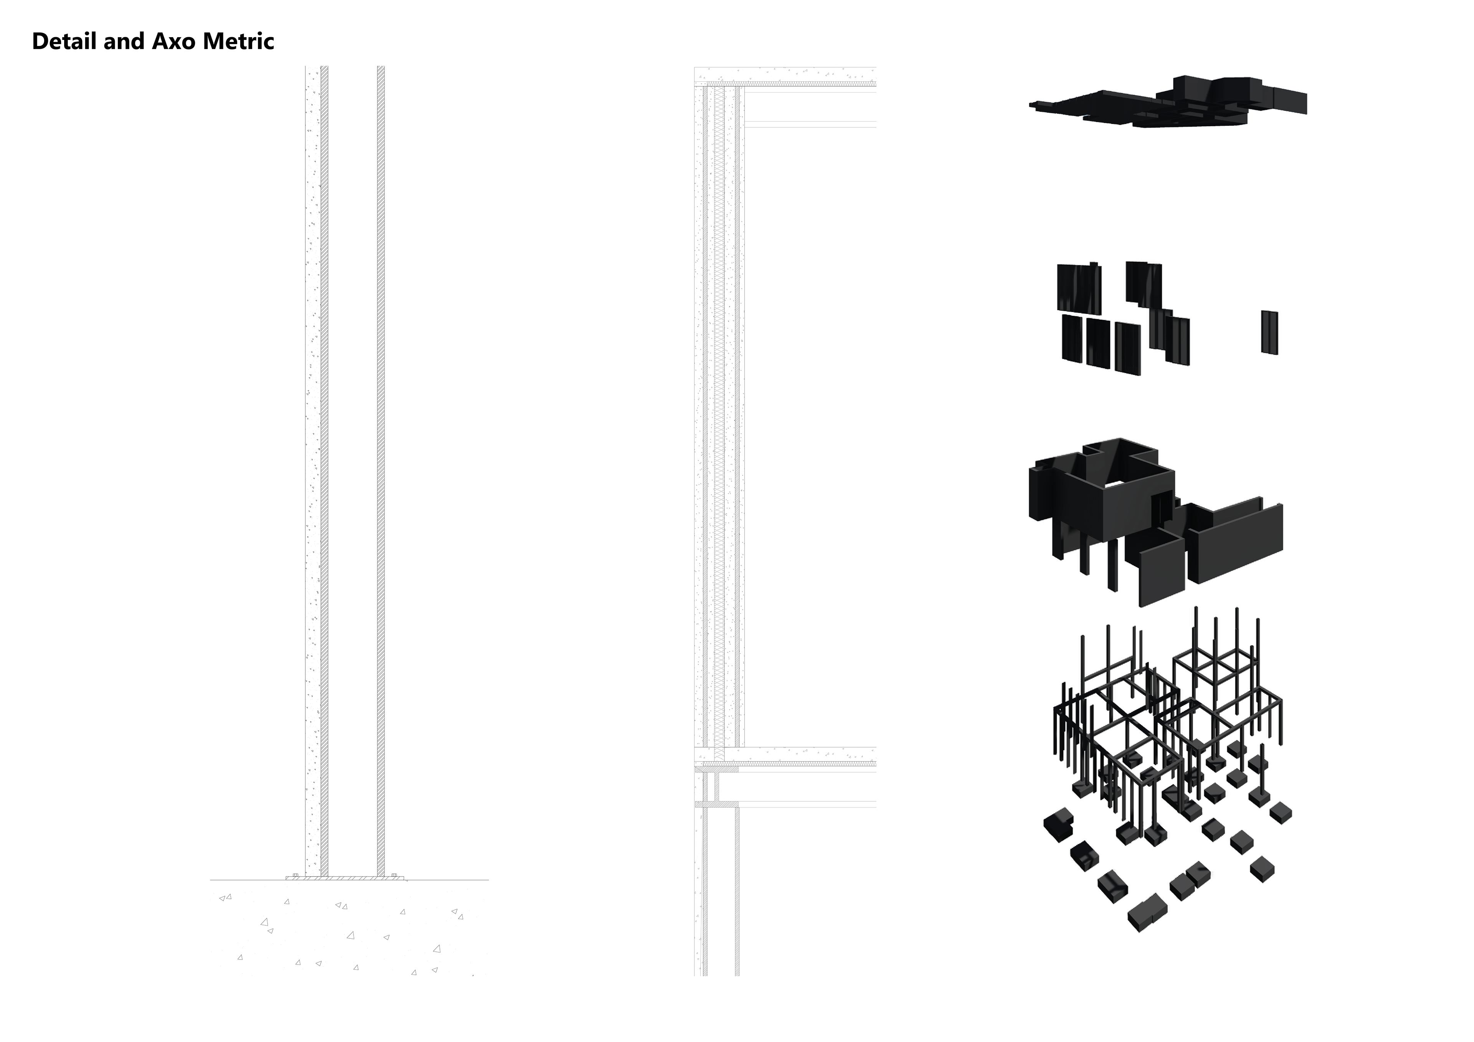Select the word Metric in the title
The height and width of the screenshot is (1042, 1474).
coord(238,42)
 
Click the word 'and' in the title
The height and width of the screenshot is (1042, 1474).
coord(126,42)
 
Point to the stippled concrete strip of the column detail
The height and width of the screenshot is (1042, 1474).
coord(312,449)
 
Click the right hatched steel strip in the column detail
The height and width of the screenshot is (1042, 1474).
coord(381,449)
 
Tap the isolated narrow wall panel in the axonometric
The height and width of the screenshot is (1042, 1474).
coord(1269,332)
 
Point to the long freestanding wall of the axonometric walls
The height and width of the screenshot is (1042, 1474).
coord(1236,543)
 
